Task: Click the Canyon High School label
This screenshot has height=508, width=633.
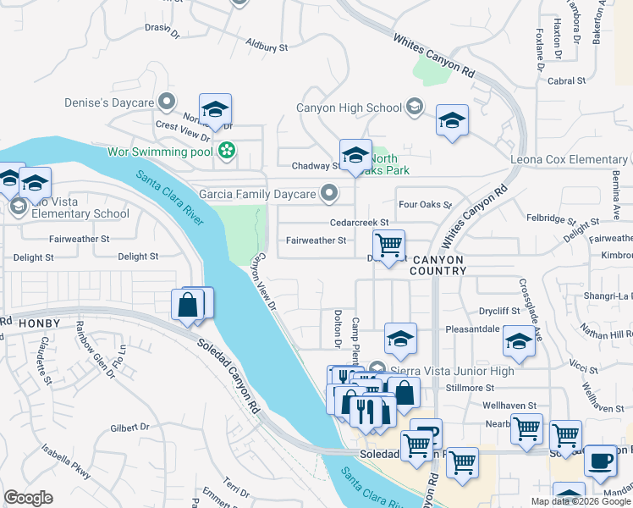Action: point(349,108)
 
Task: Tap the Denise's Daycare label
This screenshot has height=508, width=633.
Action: point(108,102)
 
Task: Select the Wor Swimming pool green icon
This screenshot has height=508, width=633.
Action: point(226,152)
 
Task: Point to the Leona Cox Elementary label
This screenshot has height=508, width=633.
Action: point(568,159)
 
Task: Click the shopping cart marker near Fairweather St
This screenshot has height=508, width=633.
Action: point(388,245)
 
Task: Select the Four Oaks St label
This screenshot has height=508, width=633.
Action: point(425,204)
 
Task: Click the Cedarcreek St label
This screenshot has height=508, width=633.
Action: point(359,222)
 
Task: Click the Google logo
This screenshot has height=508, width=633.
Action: point(28,497)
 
